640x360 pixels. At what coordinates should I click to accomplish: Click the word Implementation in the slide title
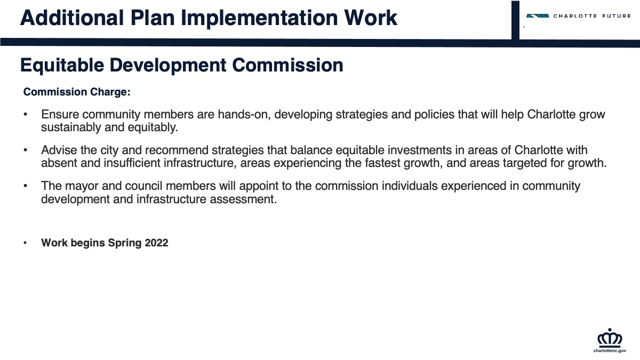tap(260, 19)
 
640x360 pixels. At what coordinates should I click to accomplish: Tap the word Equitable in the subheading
tap(62, 66)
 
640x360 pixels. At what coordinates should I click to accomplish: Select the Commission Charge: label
tap(77, 92)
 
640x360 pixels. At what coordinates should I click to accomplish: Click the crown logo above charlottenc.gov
tap(610, 338)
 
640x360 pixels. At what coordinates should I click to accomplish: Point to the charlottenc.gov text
tap(610, 350)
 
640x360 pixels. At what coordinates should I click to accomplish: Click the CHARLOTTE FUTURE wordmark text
tap(592, 16)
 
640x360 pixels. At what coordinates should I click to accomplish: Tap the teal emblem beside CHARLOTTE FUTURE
tap(538, 16)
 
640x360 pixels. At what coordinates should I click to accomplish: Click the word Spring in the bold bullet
tap(125, 243)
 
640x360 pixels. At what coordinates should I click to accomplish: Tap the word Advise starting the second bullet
tap(59, 150)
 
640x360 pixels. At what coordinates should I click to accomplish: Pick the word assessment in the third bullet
tap(243, 199)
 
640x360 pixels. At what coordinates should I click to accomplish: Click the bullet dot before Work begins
tap(25, 243)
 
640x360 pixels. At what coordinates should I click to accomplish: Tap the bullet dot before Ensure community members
tap(25, 115)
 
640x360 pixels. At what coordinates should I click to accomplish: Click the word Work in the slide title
tap(371, 18)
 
